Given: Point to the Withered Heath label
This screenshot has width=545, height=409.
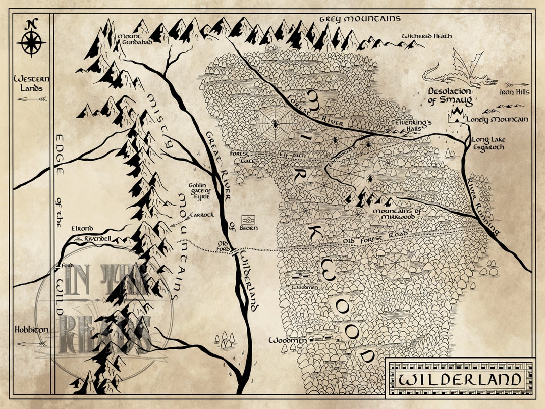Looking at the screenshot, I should (x=426, y=36).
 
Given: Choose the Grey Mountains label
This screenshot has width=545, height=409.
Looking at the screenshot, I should (x=360, y=19).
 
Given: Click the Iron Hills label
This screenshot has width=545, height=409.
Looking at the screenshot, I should (x=514, y=92).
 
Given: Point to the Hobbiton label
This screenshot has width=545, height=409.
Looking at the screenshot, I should (x=31, y=330).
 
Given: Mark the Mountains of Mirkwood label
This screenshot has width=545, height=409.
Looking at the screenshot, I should (x=397, y=214).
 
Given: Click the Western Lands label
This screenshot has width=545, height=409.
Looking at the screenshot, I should (x=31, y=83).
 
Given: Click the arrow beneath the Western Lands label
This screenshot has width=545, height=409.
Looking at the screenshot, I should (x=31, y=99).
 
